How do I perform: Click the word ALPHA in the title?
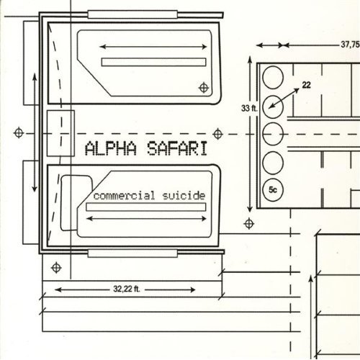click(111, 148)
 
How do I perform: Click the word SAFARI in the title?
click(177, 148)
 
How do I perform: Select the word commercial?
click(124, 196)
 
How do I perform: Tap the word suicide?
click(184, 196)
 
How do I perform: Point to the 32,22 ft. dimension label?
click(127, 289)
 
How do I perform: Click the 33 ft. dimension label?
click(249, 108)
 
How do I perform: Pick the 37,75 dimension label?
click(350, 45)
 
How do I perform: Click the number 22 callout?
click(306, 85)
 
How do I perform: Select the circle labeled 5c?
click(273, 190)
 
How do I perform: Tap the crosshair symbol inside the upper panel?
click(204, 88)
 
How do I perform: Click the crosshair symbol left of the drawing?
click(19, 133)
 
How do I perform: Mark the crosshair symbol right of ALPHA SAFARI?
click(217, 134)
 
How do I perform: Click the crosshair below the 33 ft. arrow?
click(249, 224)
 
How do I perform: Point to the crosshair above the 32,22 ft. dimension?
click(56, 268)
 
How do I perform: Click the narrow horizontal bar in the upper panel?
click(153, 62)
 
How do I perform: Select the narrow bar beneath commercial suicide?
click(146, 207)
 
